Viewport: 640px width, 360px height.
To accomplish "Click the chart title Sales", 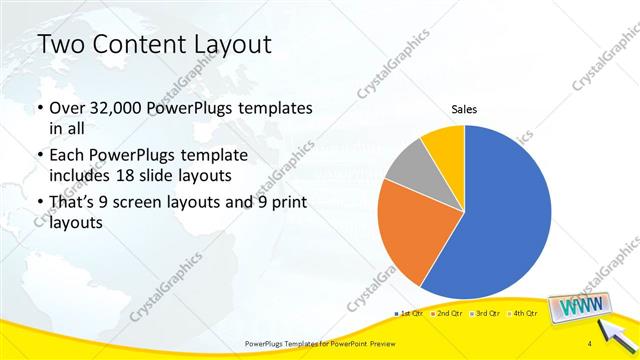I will click(465, 109).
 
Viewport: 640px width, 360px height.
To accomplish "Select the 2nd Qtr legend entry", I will click(446, 314).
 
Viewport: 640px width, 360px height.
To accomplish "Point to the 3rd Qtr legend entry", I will click(484, 314).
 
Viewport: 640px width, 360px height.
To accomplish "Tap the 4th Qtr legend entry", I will click(521, 314).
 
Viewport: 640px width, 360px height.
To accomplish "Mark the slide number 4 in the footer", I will click(592, 344).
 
